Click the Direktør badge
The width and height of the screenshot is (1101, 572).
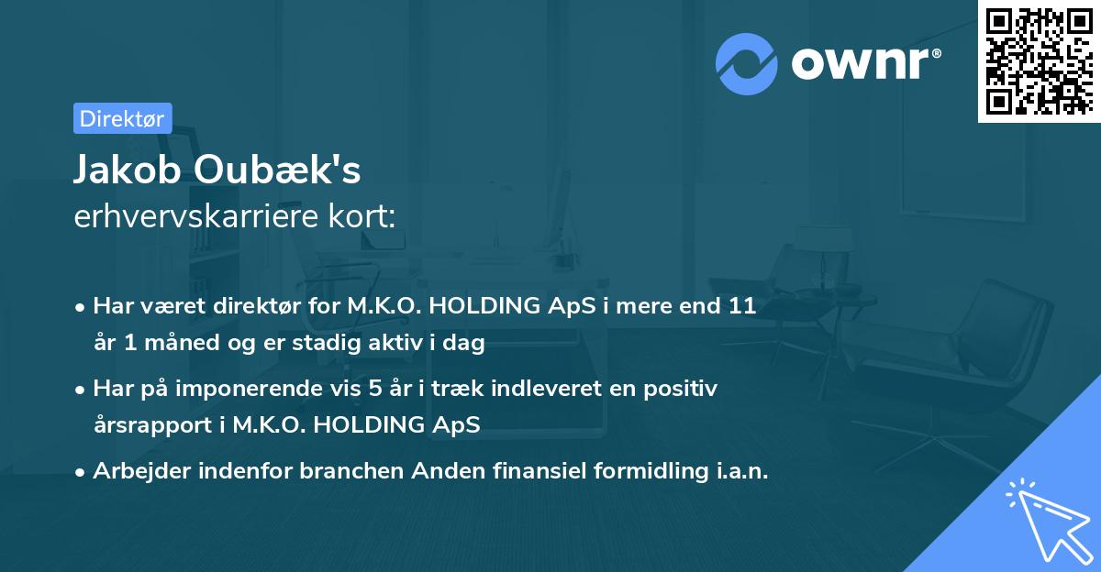click(122, 118)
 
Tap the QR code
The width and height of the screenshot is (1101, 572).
click(1039, 60)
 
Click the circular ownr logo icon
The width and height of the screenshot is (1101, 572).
click(746, 64)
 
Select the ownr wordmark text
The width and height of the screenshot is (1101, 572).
click(864, 63)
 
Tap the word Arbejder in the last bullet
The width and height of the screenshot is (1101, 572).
click(138, 471)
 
